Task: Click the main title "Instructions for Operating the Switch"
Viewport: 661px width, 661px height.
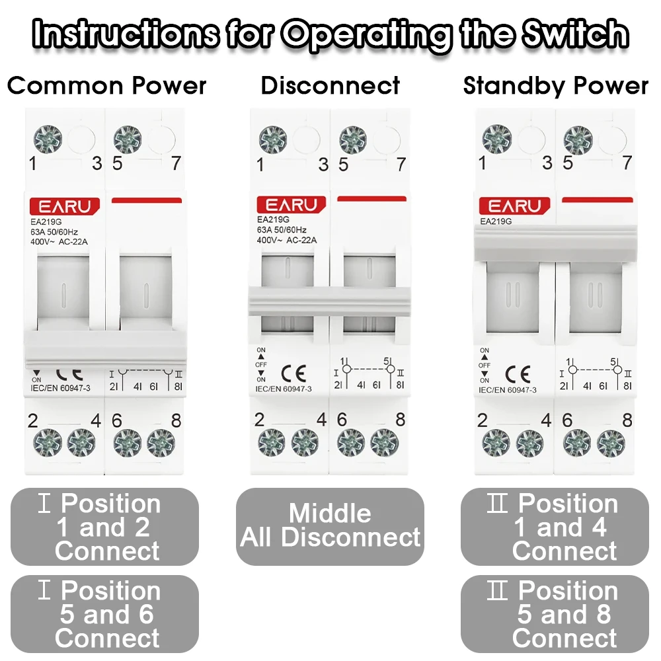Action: [330, 33]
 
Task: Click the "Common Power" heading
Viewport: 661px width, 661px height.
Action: [106, 86]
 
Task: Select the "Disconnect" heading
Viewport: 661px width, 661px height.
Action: [330, 86]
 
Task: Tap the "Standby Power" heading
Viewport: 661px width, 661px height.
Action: [555, 86]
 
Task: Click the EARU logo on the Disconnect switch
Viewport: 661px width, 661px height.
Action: [291, 205]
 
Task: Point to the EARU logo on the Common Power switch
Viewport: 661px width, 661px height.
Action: [64, 206]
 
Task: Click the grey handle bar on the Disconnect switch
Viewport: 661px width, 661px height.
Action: [329, 301]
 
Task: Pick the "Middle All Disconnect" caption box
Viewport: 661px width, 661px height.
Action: [330, 526]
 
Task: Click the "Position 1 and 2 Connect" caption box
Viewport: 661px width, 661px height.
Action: [104, 527]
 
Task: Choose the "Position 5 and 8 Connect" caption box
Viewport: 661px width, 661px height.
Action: [555, 614]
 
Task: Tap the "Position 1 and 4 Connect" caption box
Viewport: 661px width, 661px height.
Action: [555, 527]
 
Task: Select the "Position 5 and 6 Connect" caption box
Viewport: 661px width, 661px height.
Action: [104, 614]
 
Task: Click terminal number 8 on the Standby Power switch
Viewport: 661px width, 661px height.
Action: [627, 420]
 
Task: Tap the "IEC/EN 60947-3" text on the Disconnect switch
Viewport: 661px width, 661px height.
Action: [284, 389]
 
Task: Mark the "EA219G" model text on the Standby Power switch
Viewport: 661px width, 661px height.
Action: [496, 221]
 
